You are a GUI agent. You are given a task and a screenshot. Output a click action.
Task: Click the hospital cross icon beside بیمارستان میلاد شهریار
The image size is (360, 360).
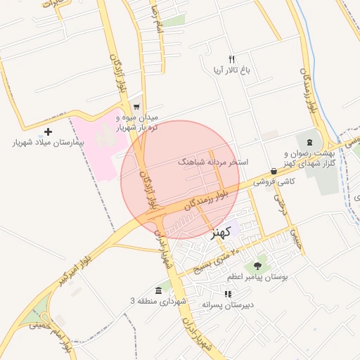(x=48, y=131)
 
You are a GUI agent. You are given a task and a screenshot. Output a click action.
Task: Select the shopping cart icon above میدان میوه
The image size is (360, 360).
(x=136, y=106)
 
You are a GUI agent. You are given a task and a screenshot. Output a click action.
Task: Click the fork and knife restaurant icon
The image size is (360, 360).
(x=231, y=60)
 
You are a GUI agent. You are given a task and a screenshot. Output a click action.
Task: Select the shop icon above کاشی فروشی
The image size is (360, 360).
(x=273, y=171)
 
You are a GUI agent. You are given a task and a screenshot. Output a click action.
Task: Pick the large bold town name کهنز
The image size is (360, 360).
(x=221, y=233)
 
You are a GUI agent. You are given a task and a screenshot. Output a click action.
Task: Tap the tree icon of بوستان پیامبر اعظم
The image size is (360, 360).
(x=258, y=266)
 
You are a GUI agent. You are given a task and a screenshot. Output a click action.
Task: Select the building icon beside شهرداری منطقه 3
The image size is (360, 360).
(x=158, y=290)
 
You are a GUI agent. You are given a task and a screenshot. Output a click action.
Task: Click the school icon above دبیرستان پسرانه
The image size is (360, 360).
(x=228, y=294)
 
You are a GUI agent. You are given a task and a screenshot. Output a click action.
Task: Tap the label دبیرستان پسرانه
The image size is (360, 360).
(x=227, y=305)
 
